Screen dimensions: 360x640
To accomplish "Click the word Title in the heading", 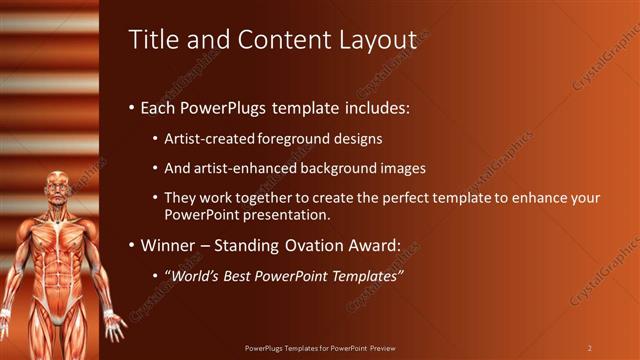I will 153,40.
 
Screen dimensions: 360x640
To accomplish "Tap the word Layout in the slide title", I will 376,41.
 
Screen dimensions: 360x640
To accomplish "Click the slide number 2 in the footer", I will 589,348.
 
